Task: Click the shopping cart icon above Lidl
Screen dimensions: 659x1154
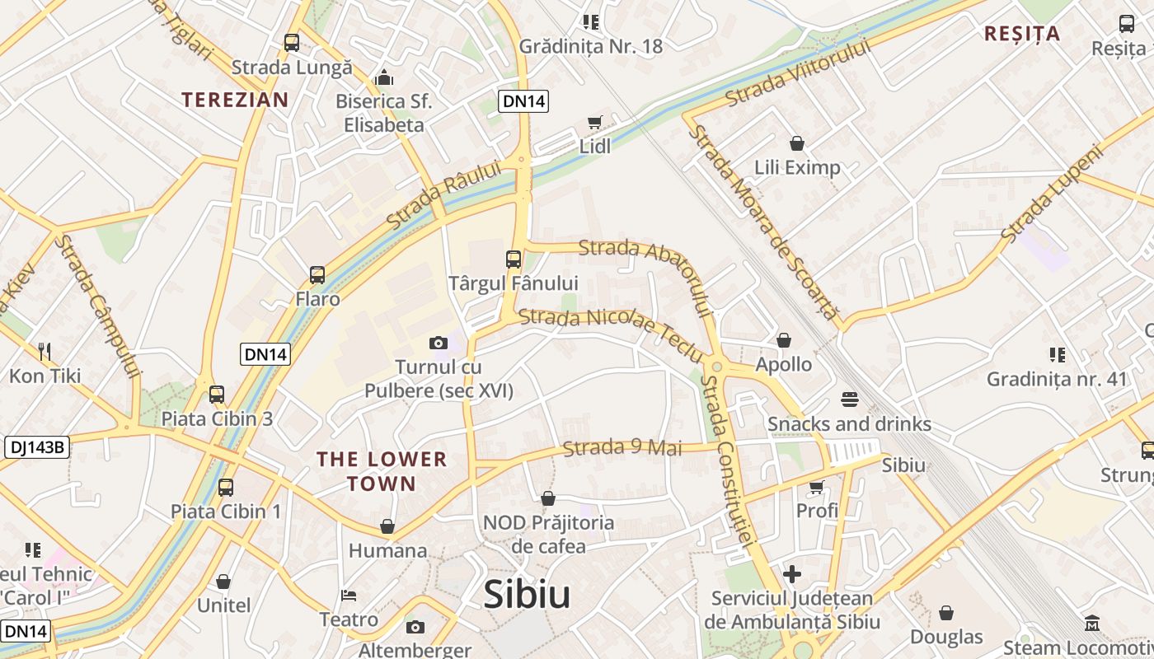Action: tap(594, 123)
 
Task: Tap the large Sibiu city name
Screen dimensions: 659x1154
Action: tap(527, 594)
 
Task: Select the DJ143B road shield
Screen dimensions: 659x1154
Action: tap(37, 447)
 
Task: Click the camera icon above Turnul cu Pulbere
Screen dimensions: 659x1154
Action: tap(438, 343)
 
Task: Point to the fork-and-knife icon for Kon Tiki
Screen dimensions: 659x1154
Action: tap(45, 352)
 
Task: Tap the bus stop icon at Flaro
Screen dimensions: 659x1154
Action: tap(317, 275)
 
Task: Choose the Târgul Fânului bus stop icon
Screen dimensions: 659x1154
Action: tap(513, 259)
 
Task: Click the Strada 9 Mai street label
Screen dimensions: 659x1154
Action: tap(622, 448)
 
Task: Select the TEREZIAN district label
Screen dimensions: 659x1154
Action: tap(235, 100)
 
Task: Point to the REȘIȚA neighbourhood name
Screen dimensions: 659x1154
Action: tap(1022, 34)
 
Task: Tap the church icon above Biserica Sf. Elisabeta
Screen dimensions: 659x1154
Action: tap(384, 78)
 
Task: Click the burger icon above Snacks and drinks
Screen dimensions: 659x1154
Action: tap(850, 400)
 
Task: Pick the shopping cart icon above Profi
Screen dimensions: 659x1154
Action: tap(816, 487)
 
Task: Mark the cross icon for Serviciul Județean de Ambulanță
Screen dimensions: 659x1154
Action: tap(792, 574)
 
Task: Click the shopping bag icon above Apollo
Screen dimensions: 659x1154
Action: tap(784, 340)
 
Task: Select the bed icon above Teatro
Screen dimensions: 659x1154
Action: tap(349, 595)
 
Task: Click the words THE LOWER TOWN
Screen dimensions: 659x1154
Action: tap(382, 471)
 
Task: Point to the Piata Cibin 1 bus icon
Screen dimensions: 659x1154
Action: tap(226, 487)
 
